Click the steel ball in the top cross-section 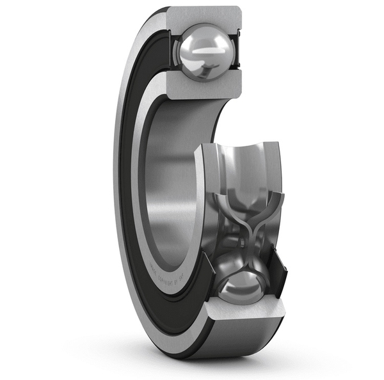pos(204,51)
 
